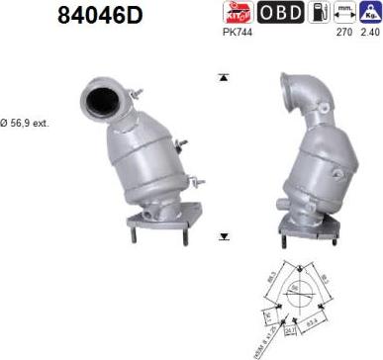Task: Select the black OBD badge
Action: pos(281,13)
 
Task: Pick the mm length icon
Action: pos(344,13)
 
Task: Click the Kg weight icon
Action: pos(369,13)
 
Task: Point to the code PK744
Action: pos(237,32)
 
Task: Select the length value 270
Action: pos(344,32)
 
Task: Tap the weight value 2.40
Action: pos(369,32)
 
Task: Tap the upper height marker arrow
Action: pos(224,76)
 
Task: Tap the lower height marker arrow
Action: pos(224,236)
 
